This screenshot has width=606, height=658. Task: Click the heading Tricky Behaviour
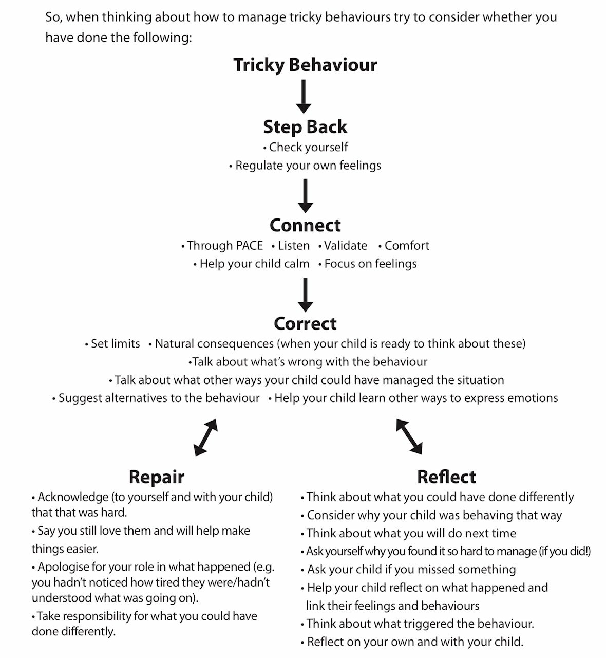(305, 65)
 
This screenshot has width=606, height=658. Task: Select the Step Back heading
(305, 127)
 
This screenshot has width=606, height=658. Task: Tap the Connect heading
(305, 226)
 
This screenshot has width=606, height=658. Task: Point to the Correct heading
(305, 324)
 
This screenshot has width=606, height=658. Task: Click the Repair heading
(157, 477)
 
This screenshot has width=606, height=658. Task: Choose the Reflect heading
(446, 477)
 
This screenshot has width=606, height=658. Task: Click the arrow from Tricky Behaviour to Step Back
(304, 96)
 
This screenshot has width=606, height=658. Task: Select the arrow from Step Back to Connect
(305, 196)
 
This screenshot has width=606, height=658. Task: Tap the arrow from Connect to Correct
(305, 295)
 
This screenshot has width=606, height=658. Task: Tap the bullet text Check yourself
(308, 148)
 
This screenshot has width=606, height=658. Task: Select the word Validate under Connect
(345, 246)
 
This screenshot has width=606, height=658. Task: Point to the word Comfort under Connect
(407, 246)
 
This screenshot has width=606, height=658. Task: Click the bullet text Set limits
(115, 344)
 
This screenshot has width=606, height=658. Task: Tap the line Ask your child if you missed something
(411, 570)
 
